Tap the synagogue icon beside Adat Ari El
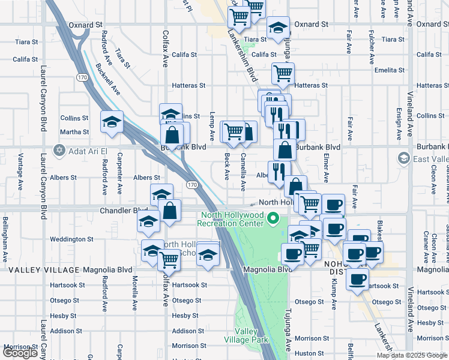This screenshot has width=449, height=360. [x=59, y=151]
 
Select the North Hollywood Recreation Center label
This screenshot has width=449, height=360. [x=233, y=219]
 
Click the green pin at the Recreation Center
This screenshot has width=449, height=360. [x=274, y=218]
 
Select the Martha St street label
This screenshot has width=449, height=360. [x=74, y=132]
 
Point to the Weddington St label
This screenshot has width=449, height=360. [x=71, y=239]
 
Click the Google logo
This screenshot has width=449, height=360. [x=20, y=353]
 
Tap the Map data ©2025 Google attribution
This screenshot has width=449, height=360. [x=411, y=355]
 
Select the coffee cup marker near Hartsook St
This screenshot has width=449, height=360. [x=358, y=279]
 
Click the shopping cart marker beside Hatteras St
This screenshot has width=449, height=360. [x=283, y=74]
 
